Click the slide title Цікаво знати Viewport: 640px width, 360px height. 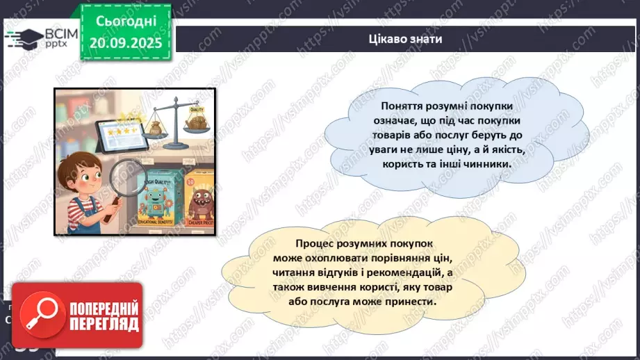pyautogui.click(x=406, y=39)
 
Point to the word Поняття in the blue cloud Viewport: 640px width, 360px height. pyautogui.click(x=400, y=106)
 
